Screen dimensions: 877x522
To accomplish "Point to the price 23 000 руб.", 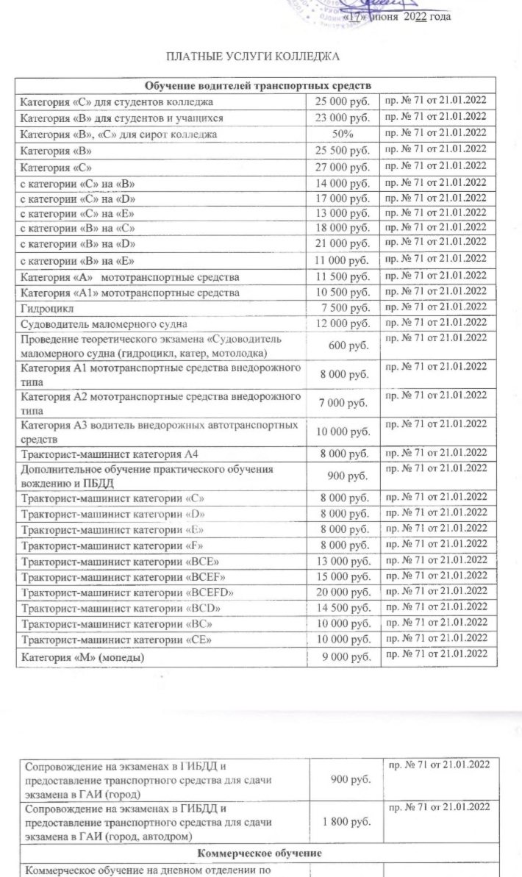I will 342,118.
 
